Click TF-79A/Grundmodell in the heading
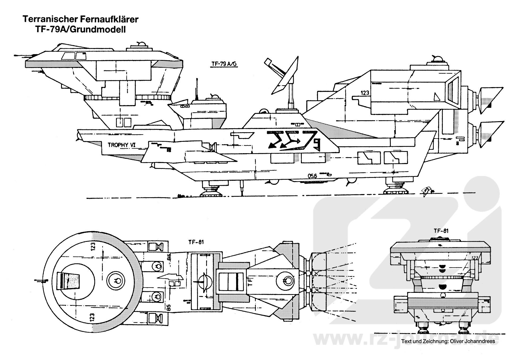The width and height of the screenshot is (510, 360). click(80, 29)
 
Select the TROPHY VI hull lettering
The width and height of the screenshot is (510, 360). click(121, 145)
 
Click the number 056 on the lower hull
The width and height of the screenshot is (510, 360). click(312, 175)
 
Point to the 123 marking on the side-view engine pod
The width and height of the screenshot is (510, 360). click(365, 93)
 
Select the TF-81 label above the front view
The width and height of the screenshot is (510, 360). click(441, 231)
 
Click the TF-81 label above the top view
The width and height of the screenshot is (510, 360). click(196, 242)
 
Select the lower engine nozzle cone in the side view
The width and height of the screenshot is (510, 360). click(491, 135)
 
